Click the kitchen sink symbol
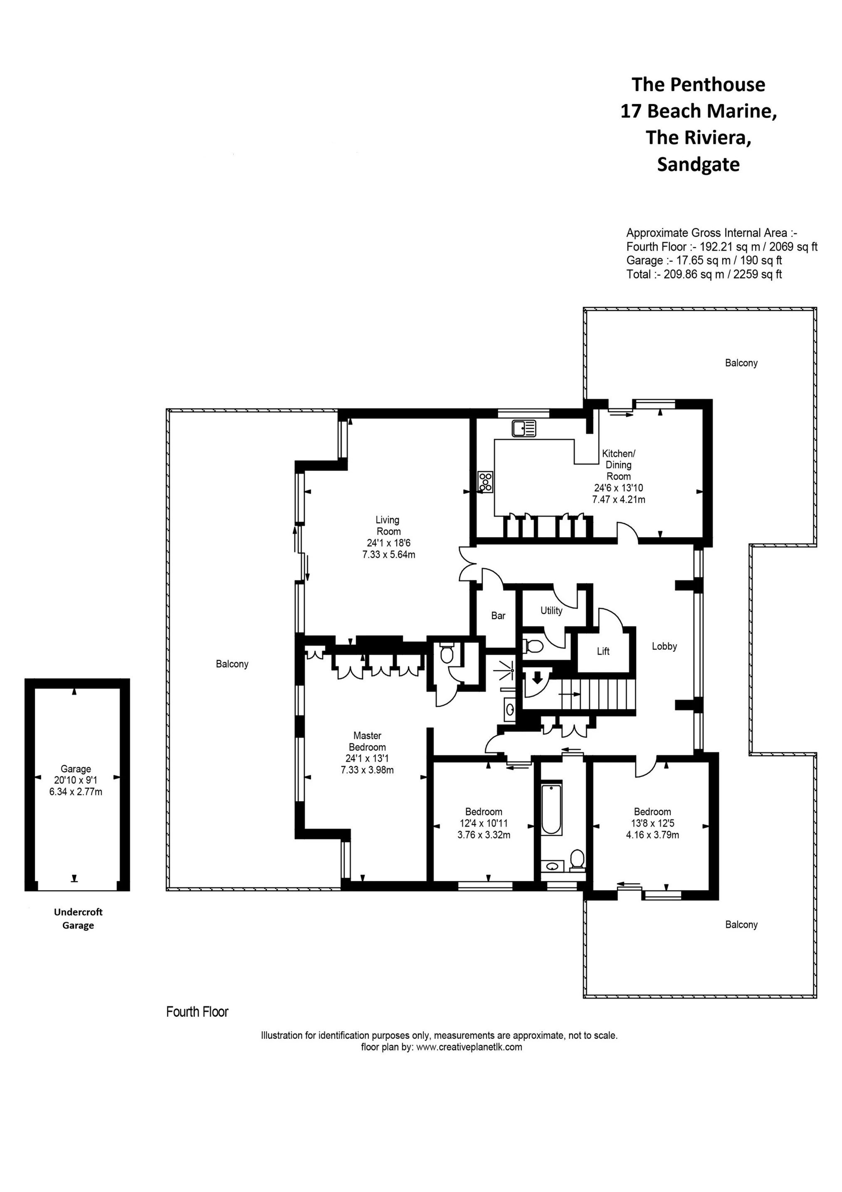[x=523, y=429]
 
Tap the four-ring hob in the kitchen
[x=486, y=482]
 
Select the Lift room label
[x=603, y=651]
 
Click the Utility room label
[x=551, y=611]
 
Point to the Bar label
[x=498, y=616]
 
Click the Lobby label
[x=664, y=646]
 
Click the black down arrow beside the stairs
[x=537, y=678]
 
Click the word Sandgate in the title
[x=698, y=164]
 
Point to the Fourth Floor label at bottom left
[x=197, y=1012]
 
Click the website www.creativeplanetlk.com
[x=469, y=1047]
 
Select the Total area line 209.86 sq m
[x=704, y=274]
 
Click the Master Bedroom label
[x=367, y=741]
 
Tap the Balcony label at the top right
[x=741, y=363]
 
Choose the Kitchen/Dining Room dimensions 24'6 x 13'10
[x=618, y=488]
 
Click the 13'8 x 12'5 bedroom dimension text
[x=652, y=823]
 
